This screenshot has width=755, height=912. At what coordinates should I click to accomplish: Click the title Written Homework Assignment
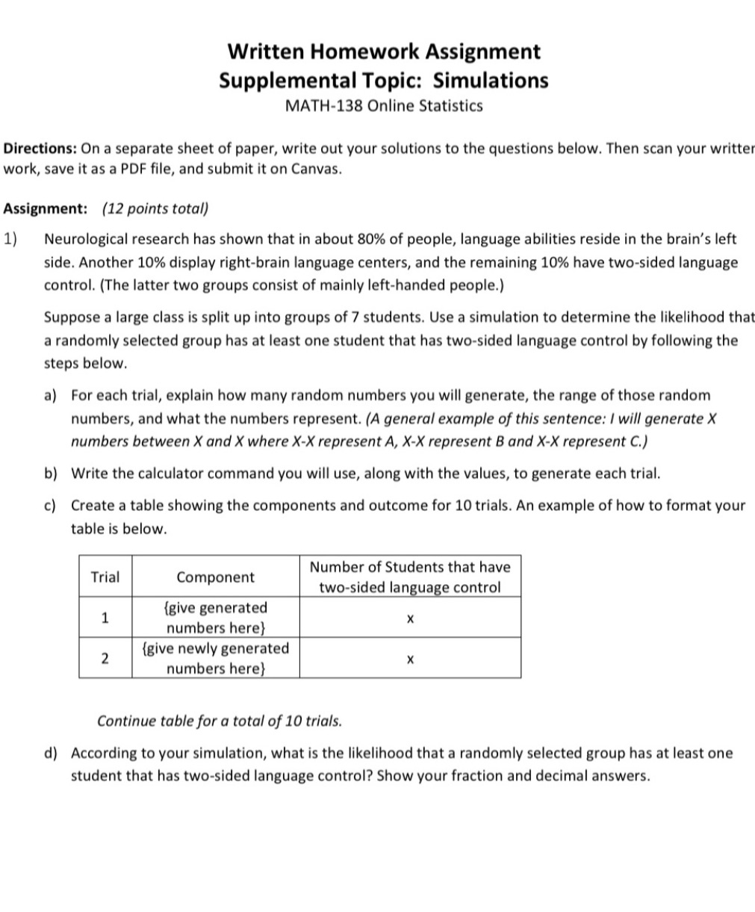point(383,52)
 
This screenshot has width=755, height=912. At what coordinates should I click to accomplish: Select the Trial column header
point(105,577)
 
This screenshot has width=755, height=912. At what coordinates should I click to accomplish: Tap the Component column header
point(215,577)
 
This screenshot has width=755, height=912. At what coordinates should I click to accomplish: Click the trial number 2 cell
point(105,658)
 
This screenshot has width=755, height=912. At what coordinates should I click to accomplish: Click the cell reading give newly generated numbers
point(215,658)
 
